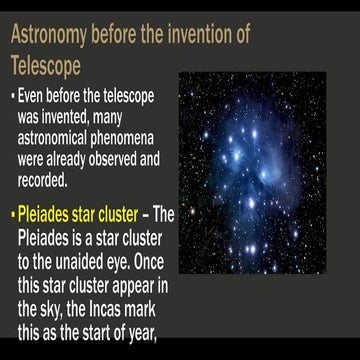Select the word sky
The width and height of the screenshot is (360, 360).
coord(52,297)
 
